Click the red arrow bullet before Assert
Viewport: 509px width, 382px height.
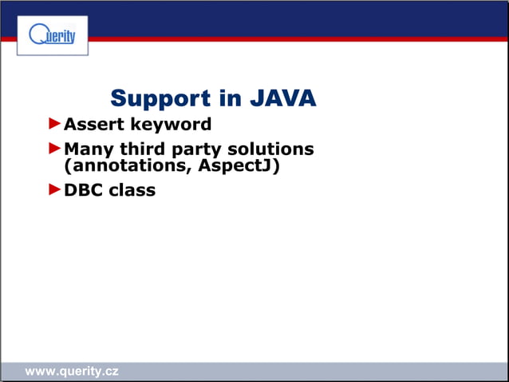click(x=54, y=124)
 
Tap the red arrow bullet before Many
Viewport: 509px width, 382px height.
click(x=54, y=148)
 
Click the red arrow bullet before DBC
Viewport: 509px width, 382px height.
click(x=54, y=189)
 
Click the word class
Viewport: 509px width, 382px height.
click(x=132, y=191)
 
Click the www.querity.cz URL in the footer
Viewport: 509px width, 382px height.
click(x=72, y=372)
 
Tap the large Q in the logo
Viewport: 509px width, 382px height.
click(x=37, y=34)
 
